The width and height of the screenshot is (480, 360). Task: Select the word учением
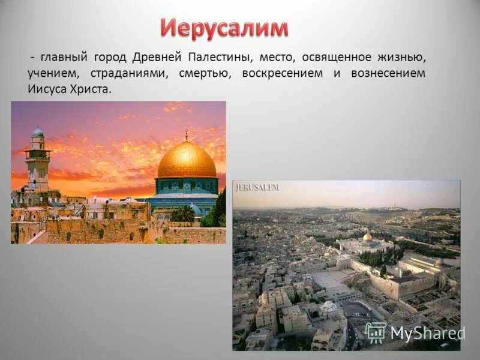click(51, 74)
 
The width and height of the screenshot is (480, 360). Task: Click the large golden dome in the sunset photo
click(187, 160)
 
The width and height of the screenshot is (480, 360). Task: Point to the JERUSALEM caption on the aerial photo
click(257, 188)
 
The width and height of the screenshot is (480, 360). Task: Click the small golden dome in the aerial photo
click(367, 238)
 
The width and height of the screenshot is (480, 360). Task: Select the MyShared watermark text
click(427, 334)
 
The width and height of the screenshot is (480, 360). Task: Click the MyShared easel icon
click(376, 332)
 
